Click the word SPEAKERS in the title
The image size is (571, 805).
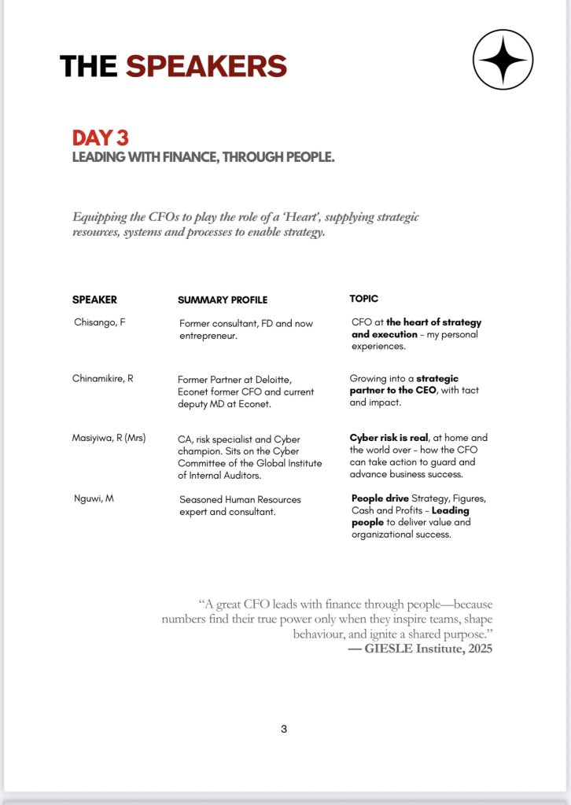tap(206, 66)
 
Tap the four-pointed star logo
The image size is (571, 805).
tap(503, 60)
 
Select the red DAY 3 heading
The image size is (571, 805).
tap(100, 138)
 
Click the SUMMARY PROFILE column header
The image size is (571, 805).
tap(223, 300)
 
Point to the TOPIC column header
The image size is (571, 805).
tap(364, 299)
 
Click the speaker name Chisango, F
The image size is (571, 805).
tap(99, 322)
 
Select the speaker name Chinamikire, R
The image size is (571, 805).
tap(103, 378)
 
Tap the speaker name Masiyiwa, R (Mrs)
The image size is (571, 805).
tap(109, 438)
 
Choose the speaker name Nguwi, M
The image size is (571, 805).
tap(93, 498)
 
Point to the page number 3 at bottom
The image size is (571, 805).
tap(284, 729)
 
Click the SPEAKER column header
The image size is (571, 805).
tap(94, 300)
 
